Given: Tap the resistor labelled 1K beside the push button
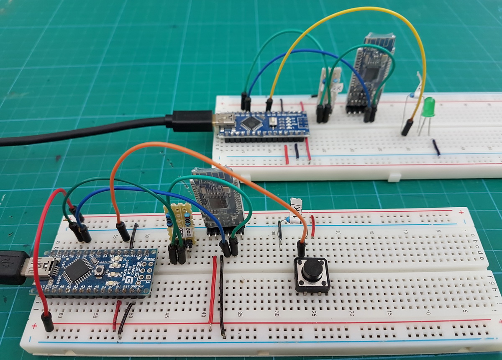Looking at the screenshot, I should (295, 212).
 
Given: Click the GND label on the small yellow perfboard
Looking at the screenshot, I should (188, 233).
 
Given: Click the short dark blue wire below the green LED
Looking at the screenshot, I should (436, 147).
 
